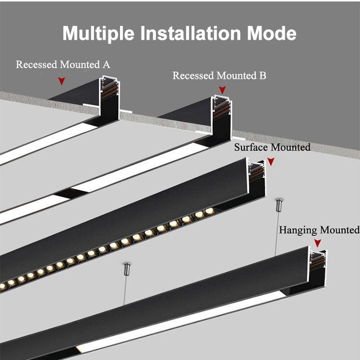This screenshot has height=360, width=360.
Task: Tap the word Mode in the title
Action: pos(272,34)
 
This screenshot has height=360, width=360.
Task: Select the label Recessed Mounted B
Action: pos(219,76)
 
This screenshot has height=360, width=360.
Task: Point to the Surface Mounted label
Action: pos(272,147)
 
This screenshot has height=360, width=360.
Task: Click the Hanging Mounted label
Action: pos(319,230)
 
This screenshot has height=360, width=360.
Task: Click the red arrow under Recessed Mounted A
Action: pos(61,81)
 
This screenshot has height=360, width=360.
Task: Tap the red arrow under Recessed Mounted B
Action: pos(222,90)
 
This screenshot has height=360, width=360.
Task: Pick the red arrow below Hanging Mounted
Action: pos(317,243)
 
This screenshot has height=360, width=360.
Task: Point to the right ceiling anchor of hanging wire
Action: pos(277,205)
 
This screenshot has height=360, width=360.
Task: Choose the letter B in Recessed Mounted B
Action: pos(263,76)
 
